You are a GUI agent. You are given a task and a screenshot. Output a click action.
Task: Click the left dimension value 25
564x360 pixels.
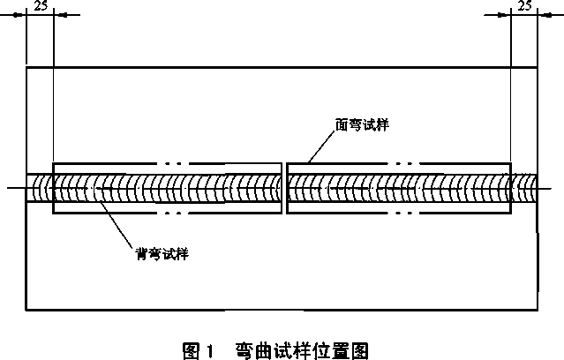[x=40, y=5]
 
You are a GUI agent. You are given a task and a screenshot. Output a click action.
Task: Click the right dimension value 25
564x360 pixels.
[x=524, y=5]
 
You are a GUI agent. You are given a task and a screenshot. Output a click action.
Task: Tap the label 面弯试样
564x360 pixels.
[x=362, y=125]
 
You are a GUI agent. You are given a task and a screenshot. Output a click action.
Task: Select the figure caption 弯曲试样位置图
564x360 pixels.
[x=299, y=350]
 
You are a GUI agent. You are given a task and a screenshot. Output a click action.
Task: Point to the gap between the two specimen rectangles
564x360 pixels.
[x=282, y=188]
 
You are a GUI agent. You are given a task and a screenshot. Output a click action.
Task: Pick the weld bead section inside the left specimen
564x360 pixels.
[x=168, y=188]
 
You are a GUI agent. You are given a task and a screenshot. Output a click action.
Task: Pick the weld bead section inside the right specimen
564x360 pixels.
[x=397, y=188]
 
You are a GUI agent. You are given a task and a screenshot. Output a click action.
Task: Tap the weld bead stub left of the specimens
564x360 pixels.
[x=40, y=188]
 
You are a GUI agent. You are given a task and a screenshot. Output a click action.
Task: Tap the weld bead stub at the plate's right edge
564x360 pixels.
[x=524, y=188]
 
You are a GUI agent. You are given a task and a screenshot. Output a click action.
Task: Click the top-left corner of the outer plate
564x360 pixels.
[x=27, y=66]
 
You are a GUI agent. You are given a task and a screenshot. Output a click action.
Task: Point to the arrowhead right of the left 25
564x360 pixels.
[x=60, y=15]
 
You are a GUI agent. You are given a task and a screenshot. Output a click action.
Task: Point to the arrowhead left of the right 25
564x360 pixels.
[x=504, y=15]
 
